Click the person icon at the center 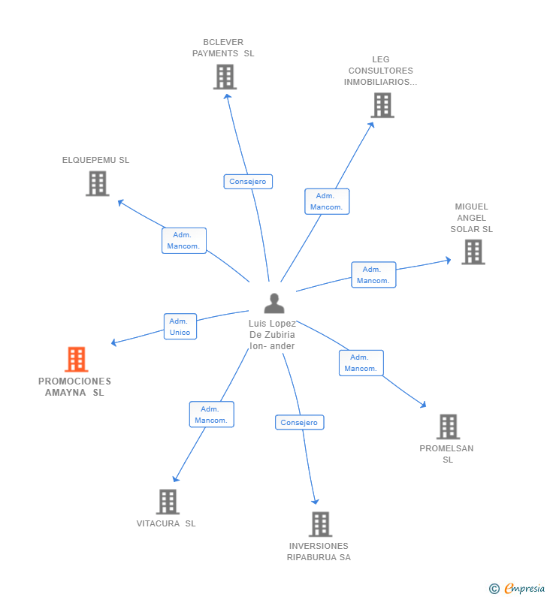(x=274, y=303)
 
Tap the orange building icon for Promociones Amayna (x=76, y=360)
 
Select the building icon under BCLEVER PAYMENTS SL (x=225, y=77)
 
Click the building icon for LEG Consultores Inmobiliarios (x=382, y=105)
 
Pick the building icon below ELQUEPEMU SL (x=97, y=183)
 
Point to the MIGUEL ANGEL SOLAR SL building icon (x=473, y=252)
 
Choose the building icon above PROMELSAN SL (x=448, y=427)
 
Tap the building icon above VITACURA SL (x=167, y=502)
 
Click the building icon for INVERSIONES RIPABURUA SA (x=320, y=524)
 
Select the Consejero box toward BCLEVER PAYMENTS (x=248, y=182)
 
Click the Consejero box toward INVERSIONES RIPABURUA (x=299, y=423)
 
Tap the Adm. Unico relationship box (x=180, y=327)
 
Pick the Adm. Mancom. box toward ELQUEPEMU (x=183, y=240)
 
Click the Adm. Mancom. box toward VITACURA (x=211, y=415)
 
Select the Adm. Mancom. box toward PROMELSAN (x=361, y=363)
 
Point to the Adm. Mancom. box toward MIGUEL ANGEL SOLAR (x=373, y=275)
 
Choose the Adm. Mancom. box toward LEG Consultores (x=326, y=201)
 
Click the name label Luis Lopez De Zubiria (x=272, y=335)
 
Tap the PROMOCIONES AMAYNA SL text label (x=74, y=387)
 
